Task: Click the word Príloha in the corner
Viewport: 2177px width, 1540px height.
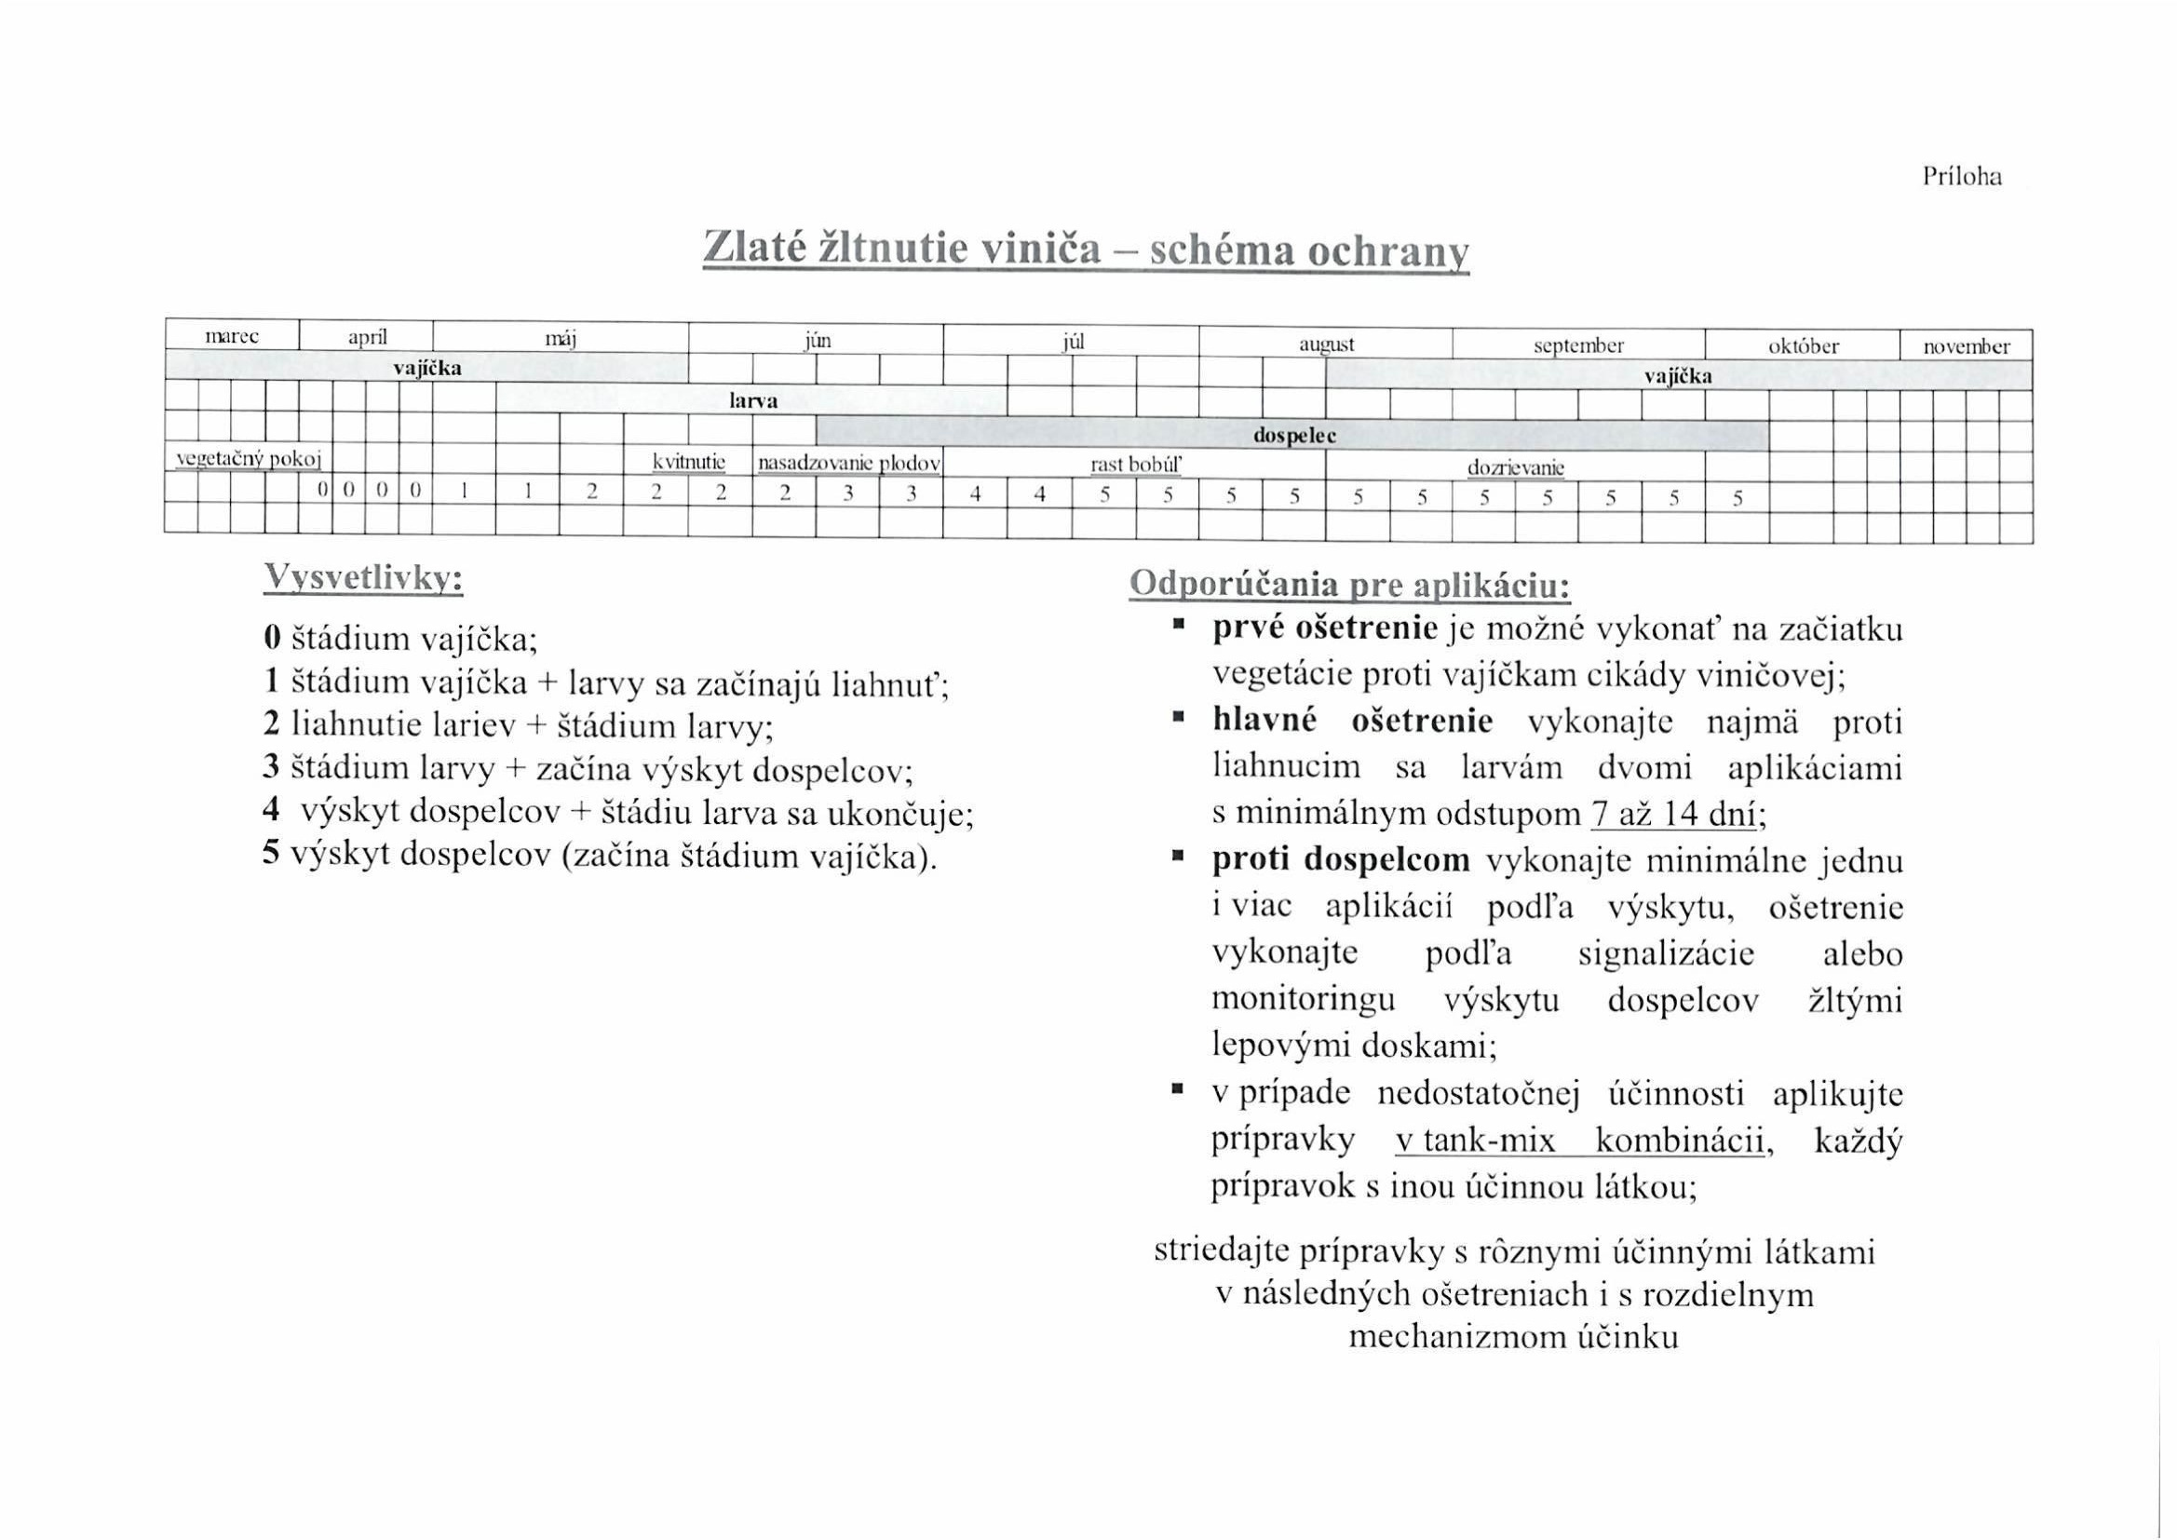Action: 1962,177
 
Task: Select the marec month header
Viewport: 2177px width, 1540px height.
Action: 232,337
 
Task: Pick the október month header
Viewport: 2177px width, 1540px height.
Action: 1804,347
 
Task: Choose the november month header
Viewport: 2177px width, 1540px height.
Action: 1967,347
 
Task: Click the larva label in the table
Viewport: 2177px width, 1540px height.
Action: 753,401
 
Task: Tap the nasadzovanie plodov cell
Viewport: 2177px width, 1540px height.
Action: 848,465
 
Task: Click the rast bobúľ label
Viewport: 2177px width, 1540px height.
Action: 1136,466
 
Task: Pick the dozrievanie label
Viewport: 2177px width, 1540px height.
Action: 1514,467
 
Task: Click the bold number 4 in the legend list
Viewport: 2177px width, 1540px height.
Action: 271,810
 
